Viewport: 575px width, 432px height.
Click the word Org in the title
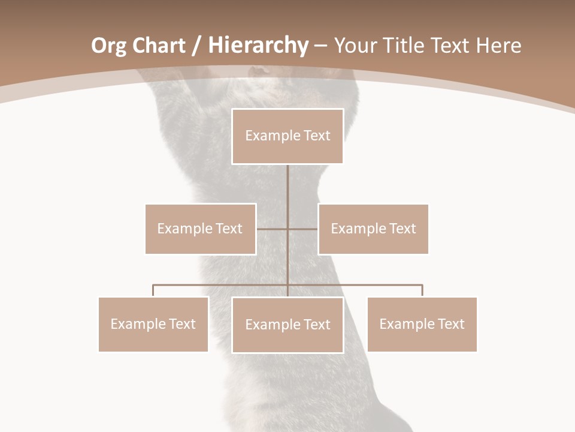108,46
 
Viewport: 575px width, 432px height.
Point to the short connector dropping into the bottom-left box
153,290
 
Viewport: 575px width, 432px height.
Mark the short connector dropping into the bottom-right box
422,290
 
